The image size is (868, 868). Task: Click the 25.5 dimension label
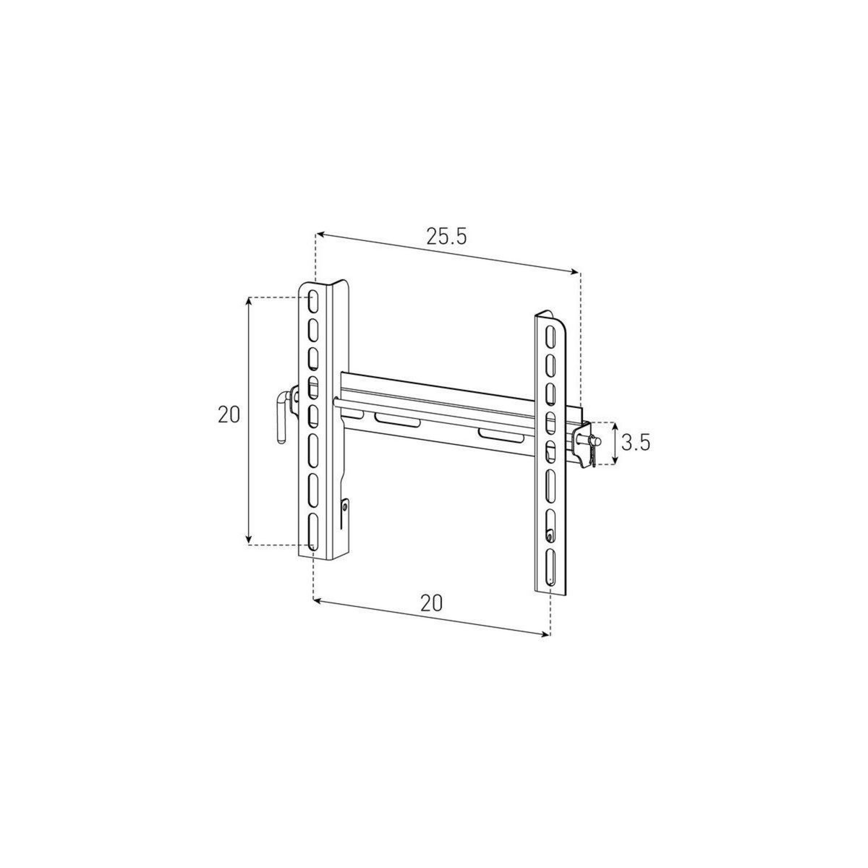(x=446, y=237)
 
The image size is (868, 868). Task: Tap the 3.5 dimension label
(x=635, y=443)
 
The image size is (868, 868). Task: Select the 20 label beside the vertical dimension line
(x=229, y=414)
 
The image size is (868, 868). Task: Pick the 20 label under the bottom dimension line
(x=430, y=603)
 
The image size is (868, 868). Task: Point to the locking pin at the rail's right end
(x=592, y=443)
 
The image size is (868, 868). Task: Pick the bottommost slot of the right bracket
(x=551, y=567)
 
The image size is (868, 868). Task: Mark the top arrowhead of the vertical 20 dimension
(x=249, y=301)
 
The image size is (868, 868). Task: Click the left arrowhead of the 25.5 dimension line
(x=319, y=234)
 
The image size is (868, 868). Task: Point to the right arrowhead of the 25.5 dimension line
(x=576, y=272)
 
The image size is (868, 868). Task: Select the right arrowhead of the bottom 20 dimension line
(x=546, y=634)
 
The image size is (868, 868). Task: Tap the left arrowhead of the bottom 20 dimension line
(x=315, y=599)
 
